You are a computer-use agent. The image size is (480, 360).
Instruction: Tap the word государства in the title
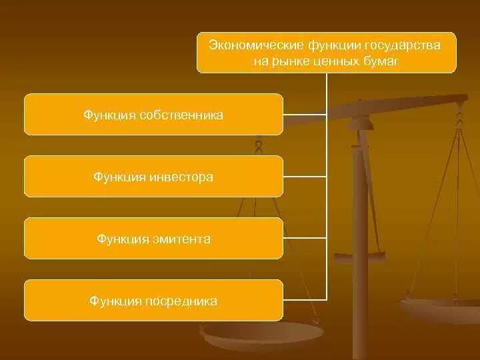402,45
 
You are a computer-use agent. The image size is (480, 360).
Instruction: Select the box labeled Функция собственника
153,115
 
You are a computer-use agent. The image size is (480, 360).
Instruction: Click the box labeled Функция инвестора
153,177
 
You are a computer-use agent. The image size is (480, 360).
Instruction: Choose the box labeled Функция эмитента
153,239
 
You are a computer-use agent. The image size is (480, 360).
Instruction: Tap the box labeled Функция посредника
153,301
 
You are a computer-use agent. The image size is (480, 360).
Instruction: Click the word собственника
181,115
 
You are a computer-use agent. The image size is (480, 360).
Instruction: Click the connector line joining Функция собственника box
305,115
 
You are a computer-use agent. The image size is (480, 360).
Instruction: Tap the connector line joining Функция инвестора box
305,177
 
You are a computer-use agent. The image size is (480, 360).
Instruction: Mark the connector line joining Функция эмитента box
305,238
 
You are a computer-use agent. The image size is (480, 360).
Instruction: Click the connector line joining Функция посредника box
305,299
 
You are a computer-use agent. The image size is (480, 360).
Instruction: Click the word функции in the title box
333,45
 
